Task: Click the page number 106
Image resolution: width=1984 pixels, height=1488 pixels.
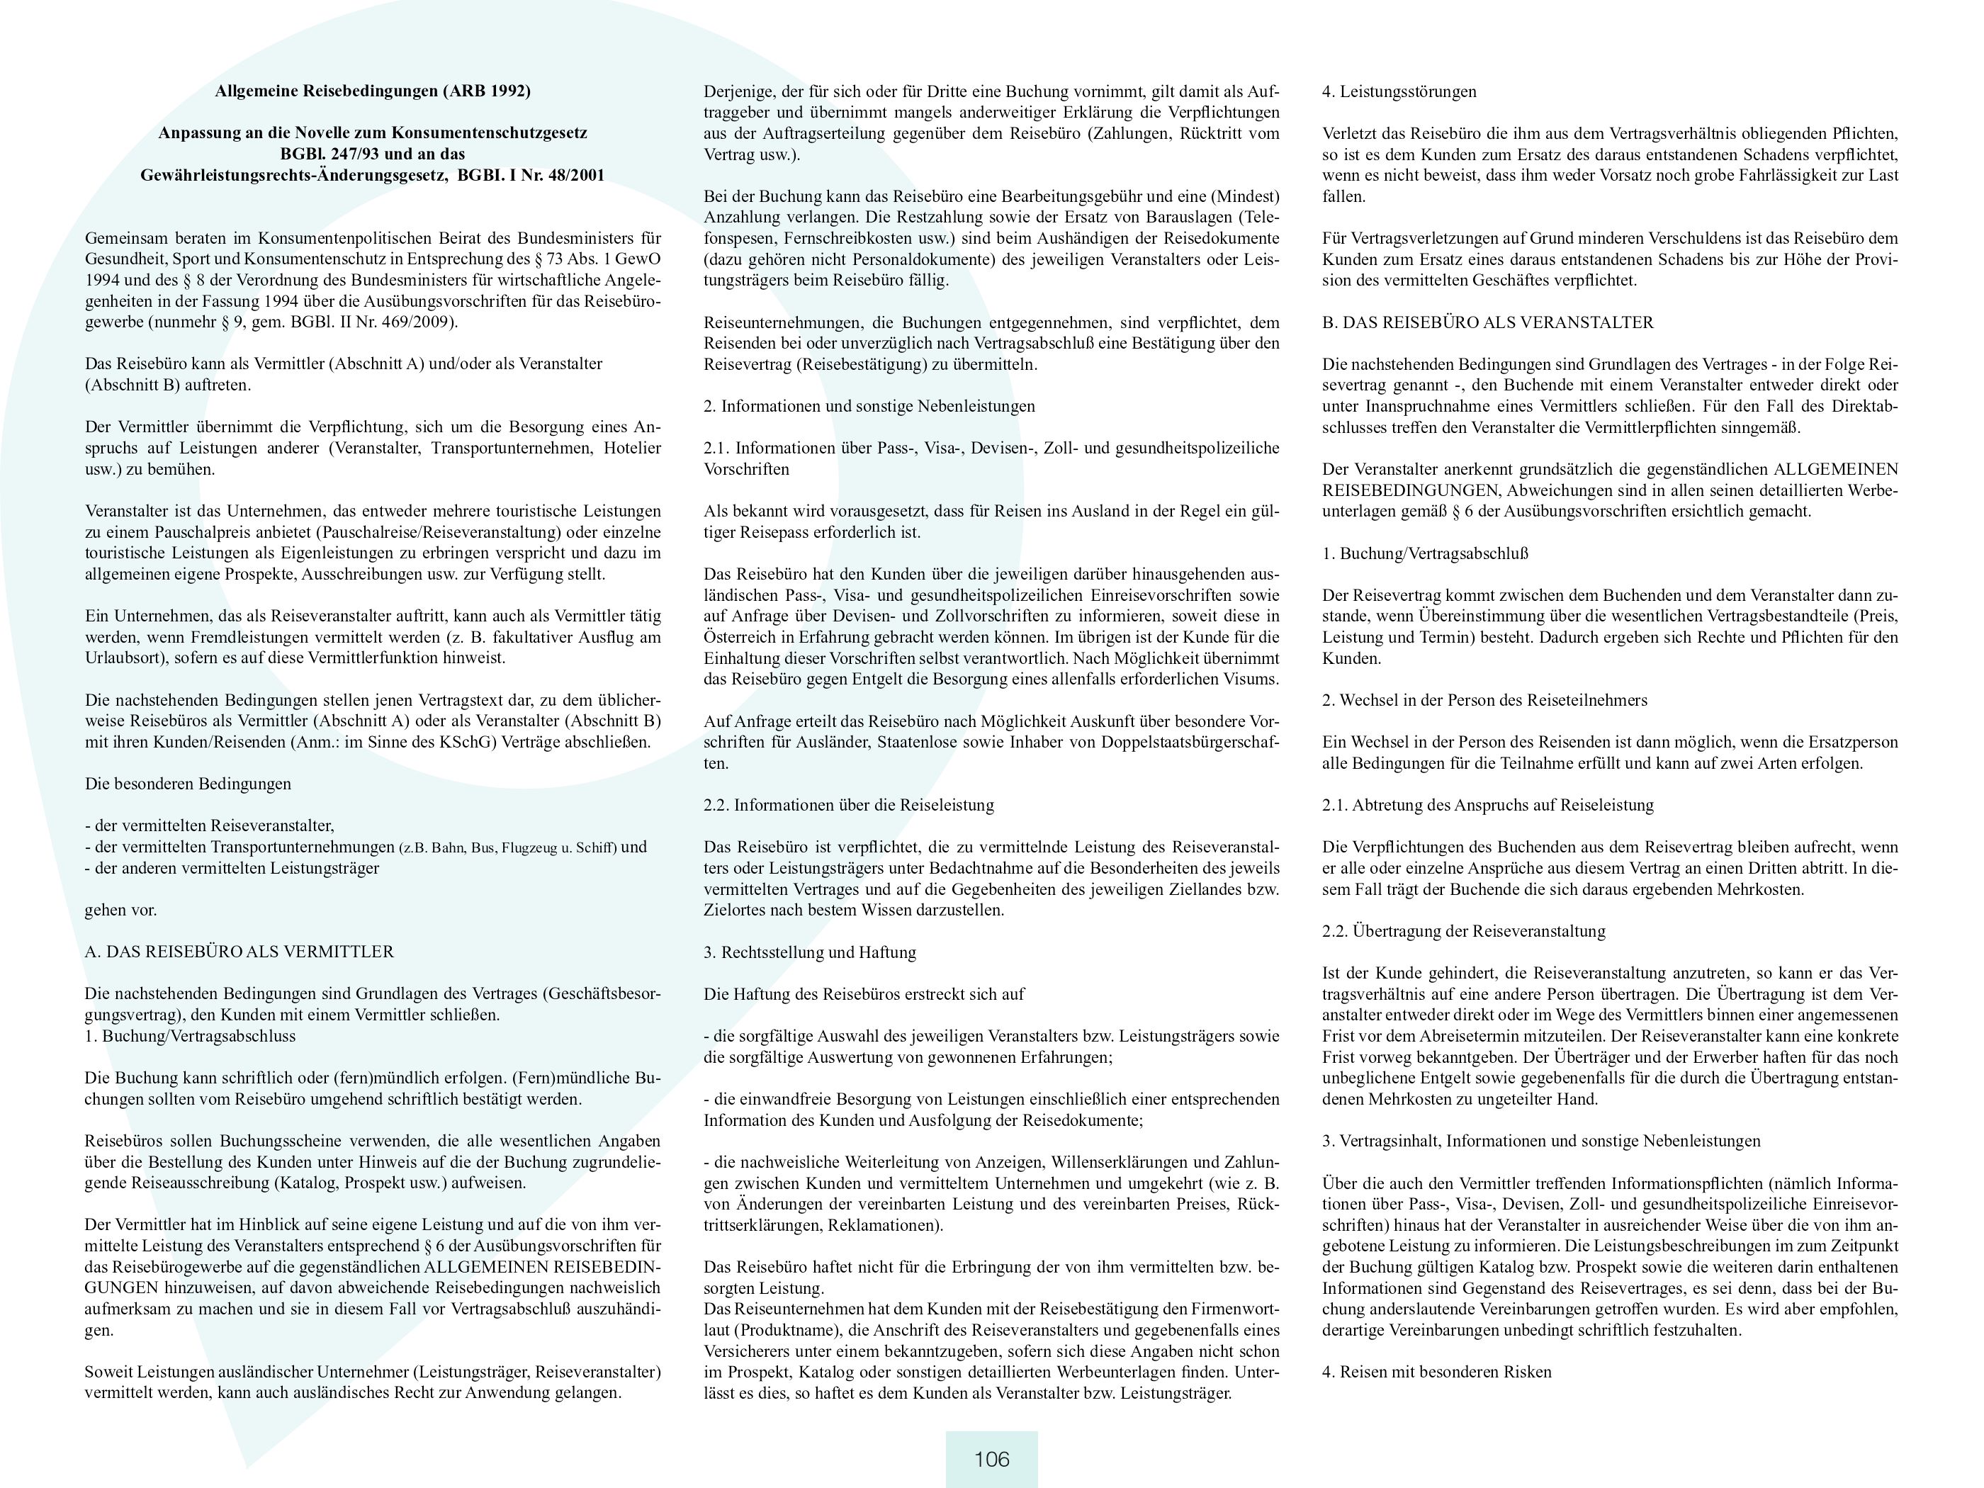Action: click(991, 1459)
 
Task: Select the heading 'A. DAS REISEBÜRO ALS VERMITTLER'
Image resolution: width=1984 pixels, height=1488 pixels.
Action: click(239, 952)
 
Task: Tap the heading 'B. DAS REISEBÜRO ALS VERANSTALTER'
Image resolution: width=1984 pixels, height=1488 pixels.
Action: click(1487, 322)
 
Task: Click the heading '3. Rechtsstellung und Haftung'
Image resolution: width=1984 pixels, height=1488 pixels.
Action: click(809, 952)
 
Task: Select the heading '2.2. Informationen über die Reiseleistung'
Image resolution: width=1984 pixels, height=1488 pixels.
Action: click(848, 804)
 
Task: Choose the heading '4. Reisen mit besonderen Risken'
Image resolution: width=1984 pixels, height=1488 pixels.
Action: click(1436, 1371)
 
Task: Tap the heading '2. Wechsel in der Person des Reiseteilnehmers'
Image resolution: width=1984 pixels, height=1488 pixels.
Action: click(1484, 699)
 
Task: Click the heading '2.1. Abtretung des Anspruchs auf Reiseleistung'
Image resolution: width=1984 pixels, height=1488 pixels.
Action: click(1487, 804)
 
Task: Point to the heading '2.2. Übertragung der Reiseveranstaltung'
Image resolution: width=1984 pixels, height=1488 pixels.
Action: click(1463, 931)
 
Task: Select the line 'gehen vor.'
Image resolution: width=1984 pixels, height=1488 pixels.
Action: click(121, 910)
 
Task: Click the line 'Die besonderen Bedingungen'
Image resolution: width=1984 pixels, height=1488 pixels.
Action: click(188, 783)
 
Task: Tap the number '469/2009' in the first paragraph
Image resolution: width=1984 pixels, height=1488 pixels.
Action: click(422, 322)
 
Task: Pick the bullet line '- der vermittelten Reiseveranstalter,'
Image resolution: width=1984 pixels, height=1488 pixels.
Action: click(209, 825)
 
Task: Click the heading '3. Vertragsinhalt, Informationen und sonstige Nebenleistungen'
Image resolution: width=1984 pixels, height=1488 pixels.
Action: click(1541, 1141)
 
